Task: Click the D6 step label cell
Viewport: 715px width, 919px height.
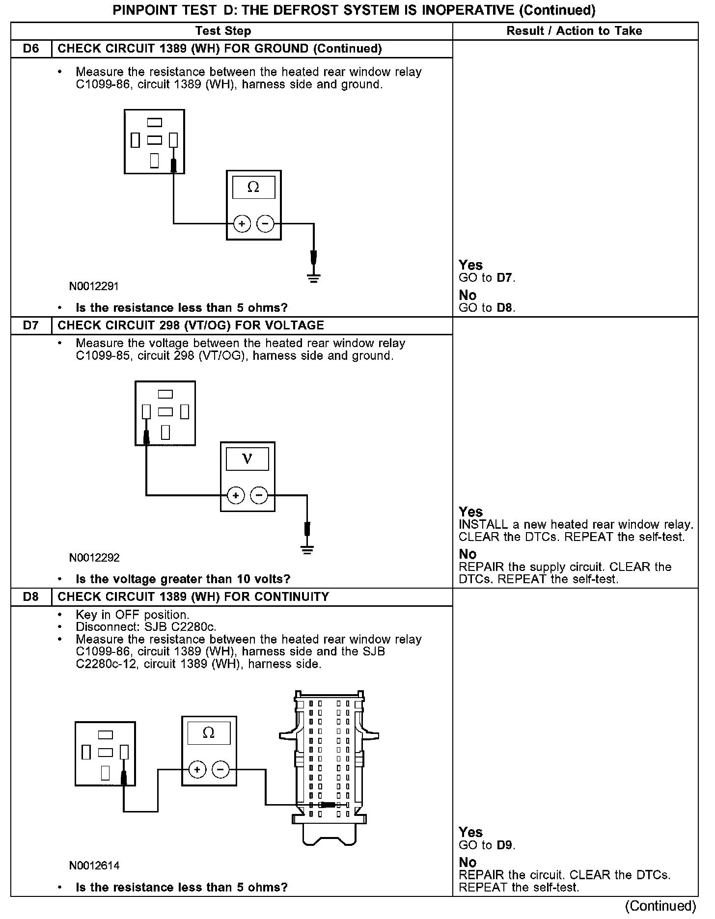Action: point(31,49)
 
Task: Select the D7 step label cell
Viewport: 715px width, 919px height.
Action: point(31,325)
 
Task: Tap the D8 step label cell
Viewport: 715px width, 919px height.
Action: point(31,597)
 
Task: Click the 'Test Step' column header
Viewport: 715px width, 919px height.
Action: point(223,31)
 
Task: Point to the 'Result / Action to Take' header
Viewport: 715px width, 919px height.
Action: point(574,31)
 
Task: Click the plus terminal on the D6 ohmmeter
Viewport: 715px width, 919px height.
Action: point(242,224)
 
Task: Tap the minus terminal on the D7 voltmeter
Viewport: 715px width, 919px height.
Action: point(259,496)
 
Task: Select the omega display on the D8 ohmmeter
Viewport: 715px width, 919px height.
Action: point(209,733)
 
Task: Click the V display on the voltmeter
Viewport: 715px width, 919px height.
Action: point(247,459)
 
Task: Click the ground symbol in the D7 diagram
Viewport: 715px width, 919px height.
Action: point(307,549)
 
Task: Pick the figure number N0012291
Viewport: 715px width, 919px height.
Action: point(94,286)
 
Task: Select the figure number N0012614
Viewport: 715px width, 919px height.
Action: point(94,865)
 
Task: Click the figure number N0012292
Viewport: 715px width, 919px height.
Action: point(94,558)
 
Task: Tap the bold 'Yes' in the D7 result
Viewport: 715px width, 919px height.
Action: point(470,512)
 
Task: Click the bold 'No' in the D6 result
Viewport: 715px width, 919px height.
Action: point(467,295)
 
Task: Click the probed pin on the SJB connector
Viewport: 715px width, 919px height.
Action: point(328,805)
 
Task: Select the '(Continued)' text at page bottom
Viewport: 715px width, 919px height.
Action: point(661,906)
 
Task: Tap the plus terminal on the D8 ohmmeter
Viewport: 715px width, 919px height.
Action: point(197,769)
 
